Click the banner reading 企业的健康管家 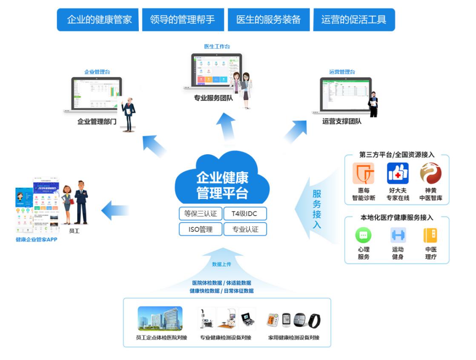click(98, 20)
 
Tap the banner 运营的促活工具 click(354, 20)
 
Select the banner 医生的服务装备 click(269, 20)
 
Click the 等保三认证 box click(201, 213)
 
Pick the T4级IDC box click(244, 213)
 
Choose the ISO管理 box click(201, 229)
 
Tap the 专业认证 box click(245, 229)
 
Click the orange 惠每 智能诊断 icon click(363, 173)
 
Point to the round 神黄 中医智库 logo click(430, 173)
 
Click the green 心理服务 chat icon click(363, 235)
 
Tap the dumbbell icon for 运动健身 click(398, 235)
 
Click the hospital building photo click(160, 319)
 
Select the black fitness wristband click(315, 321)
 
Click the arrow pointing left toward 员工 click(115, 210)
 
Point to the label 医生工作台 click(217, 46)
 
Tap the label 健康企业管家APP click(36, 239)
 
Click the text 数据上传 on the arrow click(221, 264)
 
